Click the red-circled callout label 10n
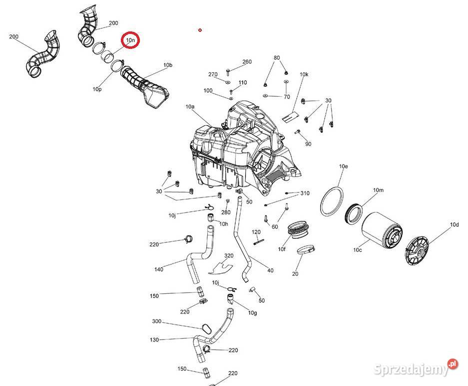130,40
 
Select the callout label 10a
190,106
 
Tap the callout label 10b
168,65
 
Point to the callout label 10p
97,89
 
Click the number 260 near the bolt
247,62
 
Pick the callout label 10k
304,74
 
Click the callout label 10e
343,166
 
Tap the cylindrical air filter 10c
382,230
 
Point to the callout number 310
305,193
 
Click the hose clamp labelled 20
306,249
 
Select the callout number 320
229,255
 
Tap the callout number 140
159,269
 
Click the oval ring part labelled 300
206,329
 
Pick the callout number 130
154,340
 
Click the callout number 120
256,231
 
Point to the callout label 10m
379,190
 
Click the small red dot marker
200,30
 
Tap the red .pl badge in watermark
453,364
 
